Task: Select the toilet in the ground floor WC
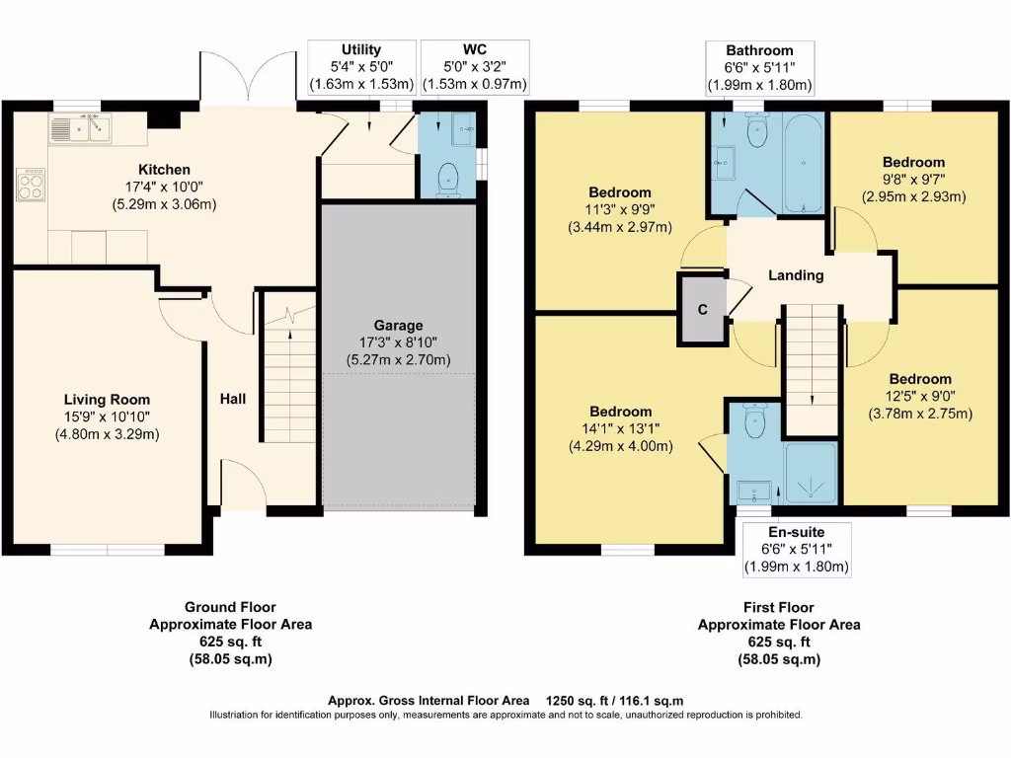point(450,178)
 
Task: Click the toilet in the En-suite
point(755,424)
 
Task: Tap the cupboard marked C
point(702,309)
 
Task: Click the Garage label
point(398,325)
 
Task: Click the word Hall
point(233,399)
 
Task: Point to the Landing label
point(796,275)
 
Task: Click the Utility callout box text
point(361,49)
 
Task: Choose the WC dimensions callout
point(475,76)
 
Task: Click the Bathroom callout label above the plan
point(759,50)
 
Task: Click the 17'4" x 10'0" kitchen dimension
point(164,188)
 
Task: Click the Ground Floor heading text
point(230,607)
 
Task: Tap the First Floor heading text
point(778,607)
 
